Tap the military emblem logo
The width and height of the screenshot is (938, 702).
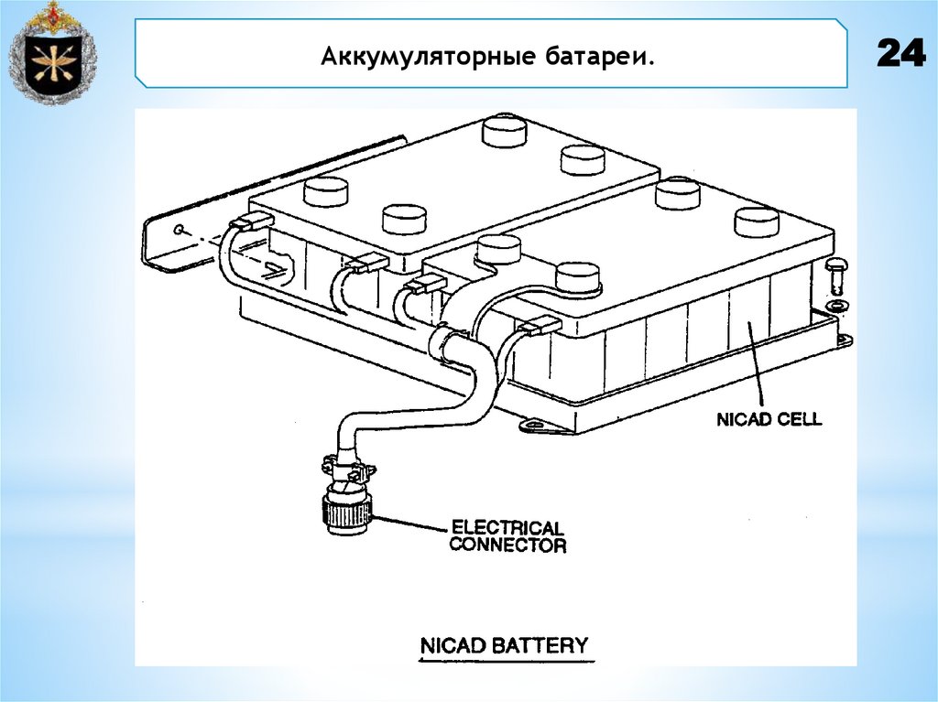(x=52, y=53)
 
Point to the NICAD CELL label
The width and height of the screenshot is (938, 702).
(x=769, y=419)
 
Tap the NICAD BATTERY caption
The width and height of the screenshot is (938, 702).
(x=503, y=644)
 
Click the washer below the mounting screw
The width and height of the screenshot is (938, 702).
(x=834, y=304)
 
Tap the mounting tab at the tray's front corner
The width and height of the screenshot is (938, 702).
(x=537, y=426)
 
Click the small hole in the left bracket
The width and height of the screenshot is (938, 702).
(x=181, y=228)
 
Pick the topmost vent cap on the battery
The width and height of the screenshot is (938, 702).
(x=506, y=131)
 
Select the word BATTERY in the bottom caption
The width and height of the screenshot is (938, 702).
(x=542, y=644)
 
